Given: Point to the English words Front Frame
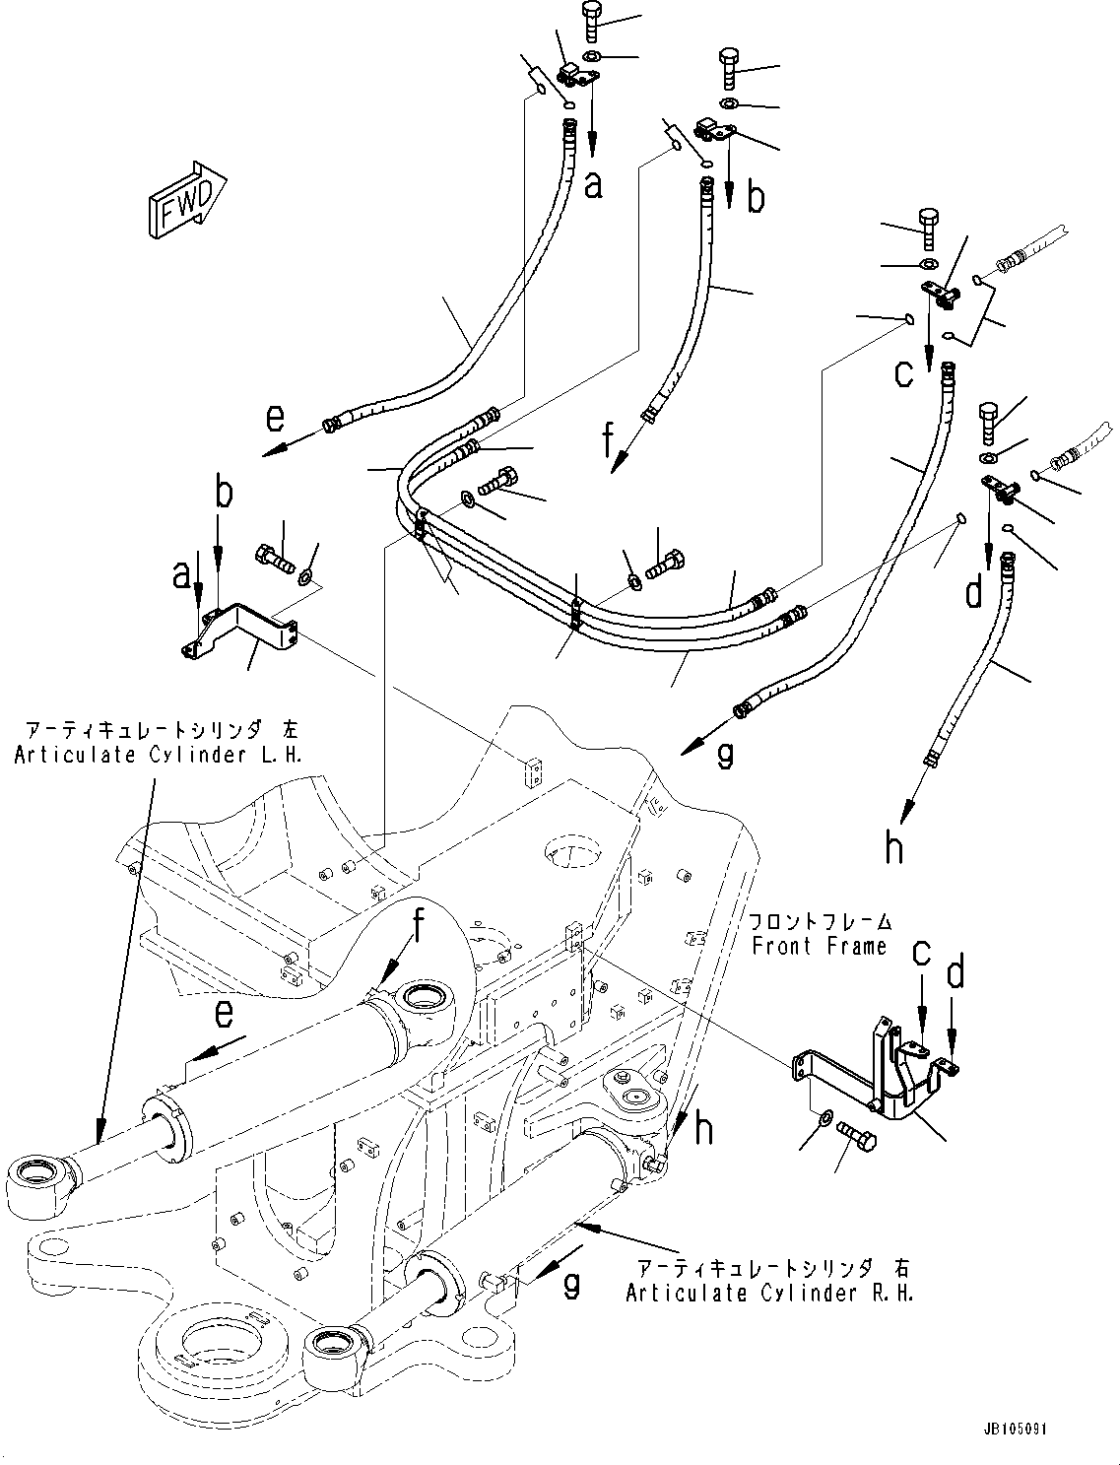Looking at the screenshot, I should click(819, 946).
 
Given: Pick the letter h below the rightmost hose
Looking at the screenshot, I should click(893, 846).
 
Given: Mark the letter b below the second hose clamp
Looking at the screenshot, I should click(755, 198).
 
